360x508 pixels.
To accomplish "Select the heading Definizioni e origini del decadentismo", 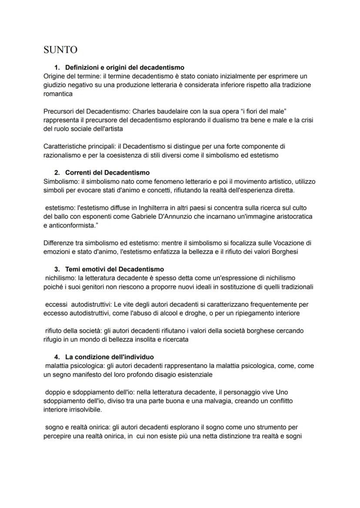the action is coord(124,67).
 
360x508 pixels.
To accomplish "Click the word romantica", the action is coord(58,93).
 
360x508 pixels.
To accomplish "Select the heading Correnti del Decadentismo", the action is coord(107,173).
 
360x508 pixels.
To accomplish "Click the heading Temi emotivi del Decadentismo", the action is coord(114,269).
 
